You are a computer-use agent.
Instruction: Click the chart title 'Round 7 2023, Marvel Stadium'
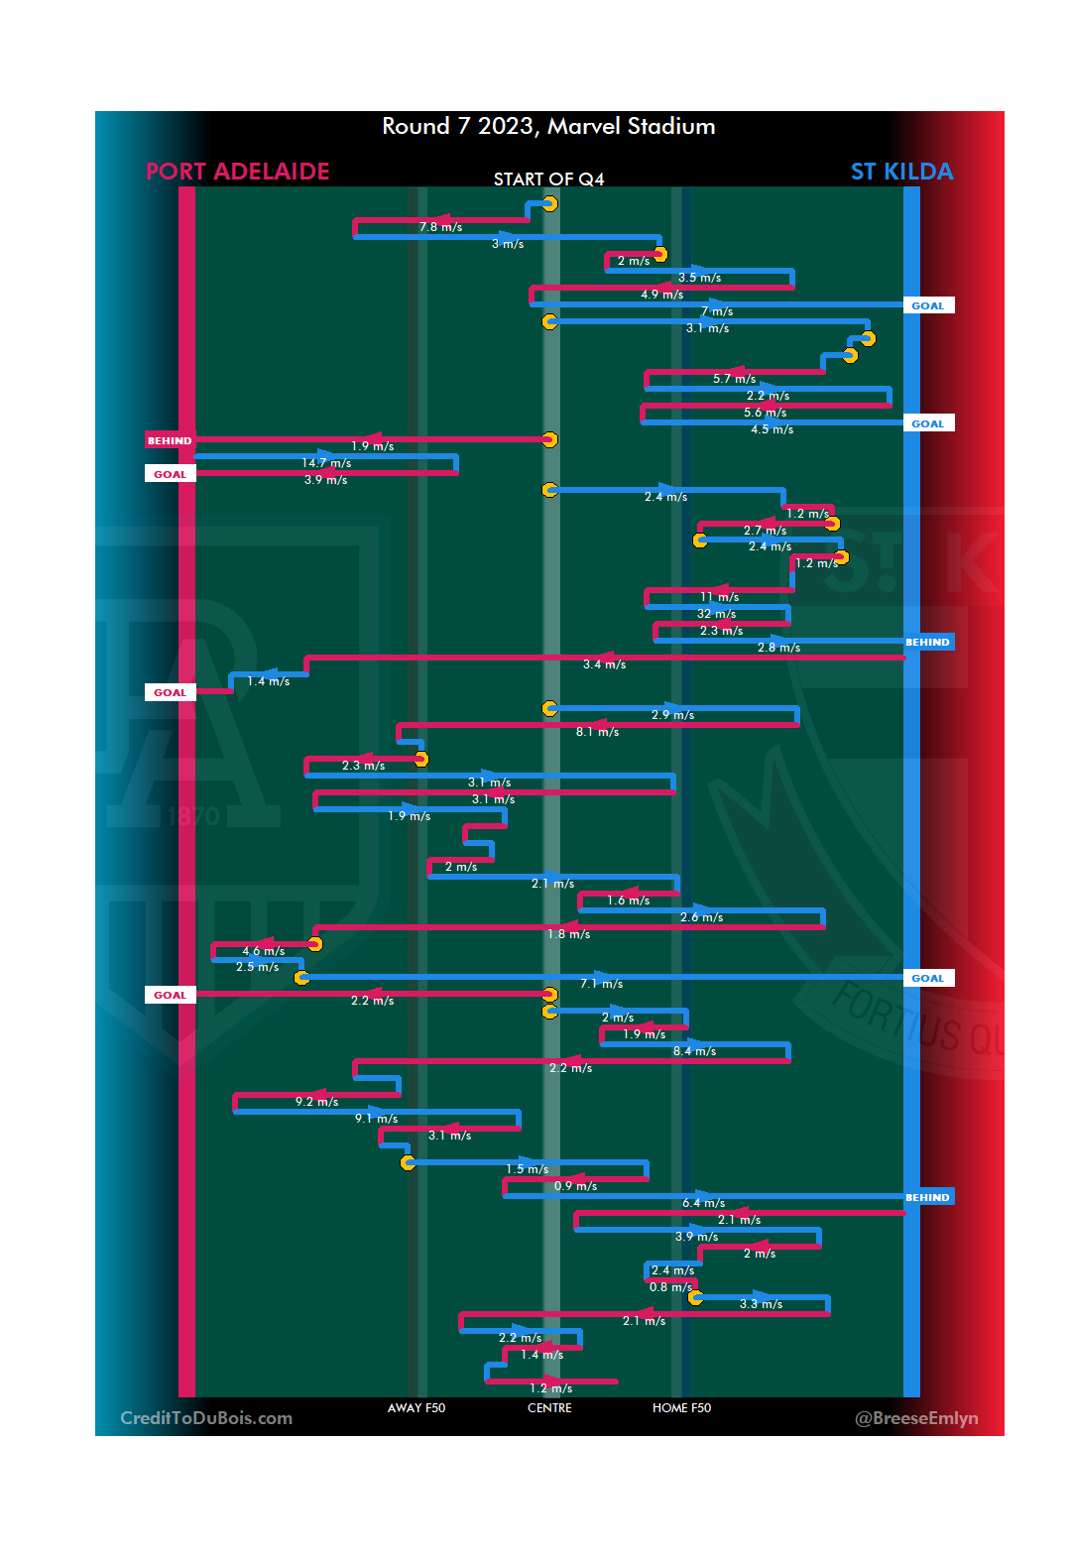click(548, 127)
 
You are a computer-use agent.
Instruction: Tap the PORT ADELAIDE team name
click(237, 172)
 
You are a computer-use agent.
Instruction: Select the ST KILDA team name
click(901, 172)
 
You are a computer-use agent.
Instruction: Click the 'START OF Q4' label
click(548, 180)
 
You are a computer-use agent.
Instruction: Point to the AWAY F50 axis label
click(416, 1408)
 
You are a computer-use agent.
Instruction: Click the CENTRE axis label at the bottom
click(549, 1408)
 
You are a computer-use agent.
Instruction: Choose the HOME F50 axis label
click(681, 1408)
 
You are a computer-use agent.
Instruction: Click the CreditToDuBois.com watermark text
click(206, 1418)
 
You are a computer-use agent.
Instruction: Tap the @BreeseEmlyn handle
click(916, 1418)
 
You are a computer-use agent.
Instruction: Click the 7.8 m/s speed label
click(440, 227)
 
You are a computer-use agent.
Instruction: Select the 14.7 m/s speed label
click(326, 463)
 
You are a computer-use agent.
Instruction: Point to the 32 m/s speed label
click(716, 614)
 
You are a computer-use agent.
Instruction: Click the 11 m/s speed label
click(719, 597)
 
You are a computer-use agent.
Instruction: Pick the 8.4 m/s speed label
click(694, 1051)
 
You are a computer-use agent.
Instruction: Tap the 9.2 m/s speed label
click(316, 1102)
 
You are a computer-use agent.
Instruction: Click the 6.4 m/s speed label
click(703, 1203)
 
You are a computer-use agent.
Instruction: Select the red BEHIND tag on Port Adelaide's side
click(170, 440)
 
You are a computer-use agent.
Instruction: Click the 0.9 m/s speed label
click(575, 1186)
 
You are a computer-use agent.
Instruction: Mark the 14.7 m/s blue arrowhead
click(326, 455)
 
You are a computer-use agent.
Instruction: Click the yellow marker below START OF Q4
click(549, 203)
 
